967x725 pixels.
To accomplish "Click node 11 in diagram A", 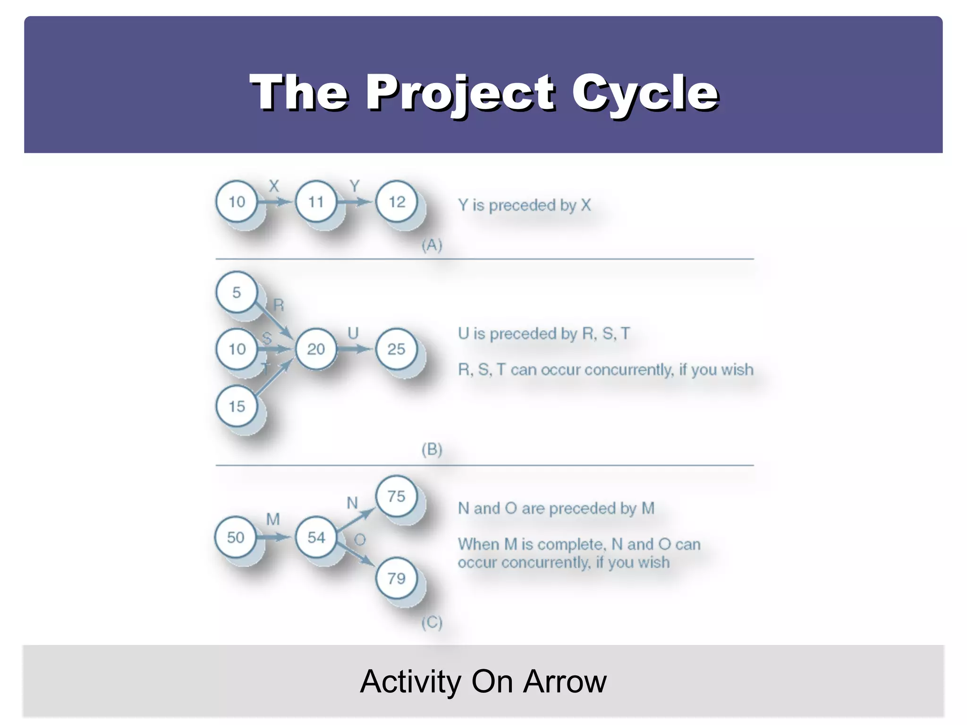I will click(x=316, y=202).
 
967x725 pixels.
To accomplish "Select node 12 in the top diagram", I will click(x=397, y=202).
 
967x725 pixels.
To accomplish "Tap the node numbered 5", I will click(x=237, y=292).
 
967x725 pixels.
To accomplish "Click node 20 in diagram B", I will click(x=316, y=349).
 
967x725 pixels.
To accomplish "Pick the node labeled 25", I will click(x=396, y=349).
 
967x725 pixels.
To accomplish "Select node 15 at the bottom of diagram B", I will click(x=237, y=406).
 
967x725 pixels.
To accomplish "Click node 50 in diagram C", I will click(x=236, y=537).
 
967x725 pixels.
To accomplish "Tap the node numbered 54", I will click(x=316, y=537).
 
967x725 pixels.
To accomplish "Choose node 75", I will click(x=396, y=496).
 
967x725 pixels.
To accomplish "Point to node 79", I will click(x=396, y=578).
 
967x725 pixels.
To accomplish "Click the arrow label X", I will click(x=274, y=186).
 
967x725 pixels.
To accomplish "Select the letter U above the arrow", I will click(x=353, y=333).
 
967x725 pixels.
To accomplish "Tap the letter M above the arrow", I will click(x=273, y=519).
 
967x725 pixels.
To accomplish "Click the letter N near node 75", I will click(x=352, y=503).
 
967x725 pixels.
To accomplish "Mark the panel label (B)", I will click(x=432, y=449).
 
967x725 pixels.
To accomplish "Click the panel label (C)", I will click(x=432, y=622).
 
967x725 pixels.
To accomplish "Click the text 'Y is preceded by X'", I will click(x=524, y=205).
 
